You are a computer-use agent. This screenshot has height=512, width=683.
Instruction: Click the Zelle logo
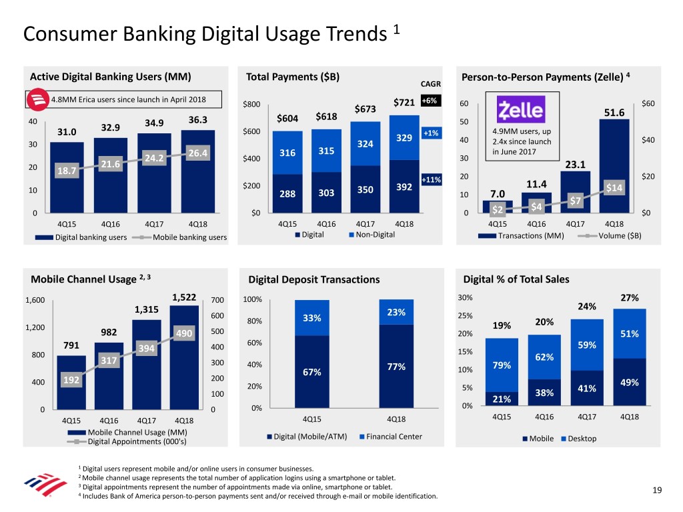click(x=521, y=109)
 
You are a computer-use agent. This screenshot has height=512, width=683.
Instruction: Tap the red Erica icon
click(x=35, y=101)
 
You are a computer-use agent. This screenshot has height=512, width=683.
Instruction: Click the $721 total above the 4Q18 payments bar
click(x=405, y=102)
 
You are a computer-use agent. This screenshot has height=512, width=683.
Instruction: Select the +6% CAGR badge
click(x=428, y=101)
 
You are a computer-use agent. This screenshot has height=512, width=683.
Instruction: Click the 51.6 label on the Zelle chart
click(x=614, y=113)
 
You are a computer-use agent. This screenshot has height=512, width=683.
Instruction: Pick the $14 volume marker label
click(x=613, y=188)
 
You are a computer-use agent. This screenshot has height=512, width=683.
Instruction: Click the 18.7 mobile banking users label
click(x=66, y=171)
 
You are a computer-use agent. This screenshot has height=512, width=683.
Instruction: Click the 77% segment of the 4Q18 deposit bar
click(x=396, y=366)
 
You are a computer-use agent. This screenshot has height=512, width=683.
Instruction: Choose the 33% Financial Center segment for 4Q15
click(x=311, y=318)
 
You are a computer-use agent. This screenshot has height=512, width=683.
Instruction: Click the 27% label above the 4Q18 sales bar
click(x=628, y=297)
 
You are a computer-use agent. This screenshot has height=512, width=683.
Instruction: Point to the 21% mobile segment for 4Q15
click(x=502, y=399)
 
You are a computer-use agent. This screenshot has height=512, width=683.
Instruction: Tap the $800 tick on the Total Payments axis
click(x=251, y=104)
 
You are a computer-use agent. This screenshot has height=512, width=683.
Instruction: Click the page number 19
click(x=657, y=491)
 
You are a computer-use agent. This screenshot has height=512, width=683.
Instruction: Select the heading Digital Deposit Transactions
click(x=313, y=280)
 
